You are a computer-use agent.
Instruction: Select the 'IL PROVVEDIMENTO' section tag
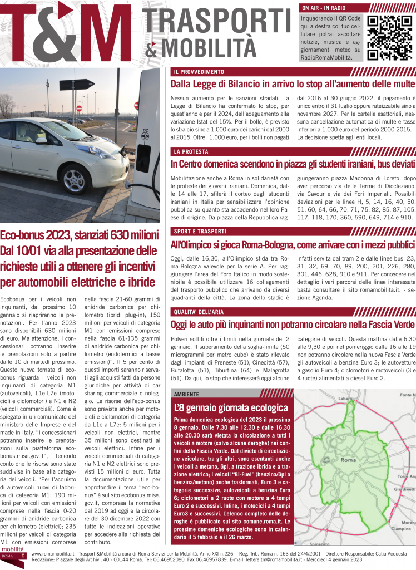coord(199,72)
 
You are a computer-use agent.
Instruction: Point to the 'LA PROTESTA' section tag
coord(191,151)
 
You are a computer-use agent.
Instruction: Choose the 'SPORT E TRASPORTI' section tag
coord(200,231)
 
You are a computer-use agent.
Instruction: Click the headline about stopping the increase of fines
coord(293,84)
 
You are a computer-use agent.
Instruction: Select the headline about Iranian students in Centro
coord(293,164)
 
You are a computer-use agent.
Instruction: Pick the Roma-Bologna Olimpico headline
coord(293,244)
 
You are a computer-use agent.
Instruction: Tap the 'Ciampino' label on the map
coord(408,530)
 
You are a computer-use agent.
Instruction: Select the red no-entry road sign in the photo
coord(79,108)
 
